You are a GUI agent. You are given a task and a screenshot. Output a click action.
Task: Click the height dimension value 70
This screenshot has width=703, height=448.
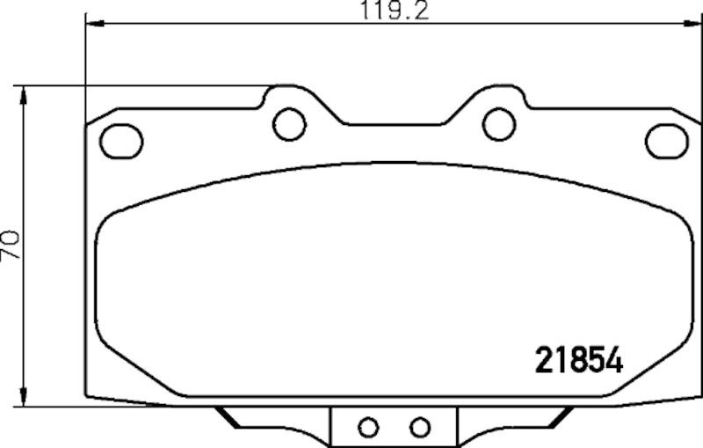point(11,243)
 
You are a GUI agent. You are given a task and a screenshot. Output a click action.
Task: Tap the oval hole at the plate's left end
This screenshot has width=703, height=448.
point(120,139)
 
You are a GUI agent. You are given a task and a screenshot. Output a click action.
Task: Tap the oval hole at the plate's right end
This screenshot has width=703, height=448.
point(665,139)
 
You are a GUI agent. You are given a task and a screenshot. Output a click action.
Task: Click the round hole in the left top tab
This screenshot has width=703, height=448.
point(288,124)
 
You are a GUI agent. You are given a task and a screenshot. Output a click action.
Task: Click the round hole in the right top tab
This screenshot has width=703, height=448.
point(499,124)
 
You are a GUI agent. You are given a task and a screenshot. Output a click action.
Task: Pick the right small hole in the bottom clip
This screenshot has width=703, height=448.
point(420,428)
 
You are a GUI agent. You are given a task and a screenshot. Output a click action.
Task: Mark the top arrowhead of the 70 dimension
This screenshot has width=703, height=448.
point(25,91)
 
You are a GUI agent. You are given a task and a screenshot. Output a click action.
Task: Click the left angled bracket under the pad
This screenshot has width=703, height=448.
point(230,417)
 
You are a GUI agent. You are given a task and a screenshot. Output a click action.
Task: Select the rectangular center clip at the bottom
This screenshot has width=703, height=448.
point(395,428)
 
